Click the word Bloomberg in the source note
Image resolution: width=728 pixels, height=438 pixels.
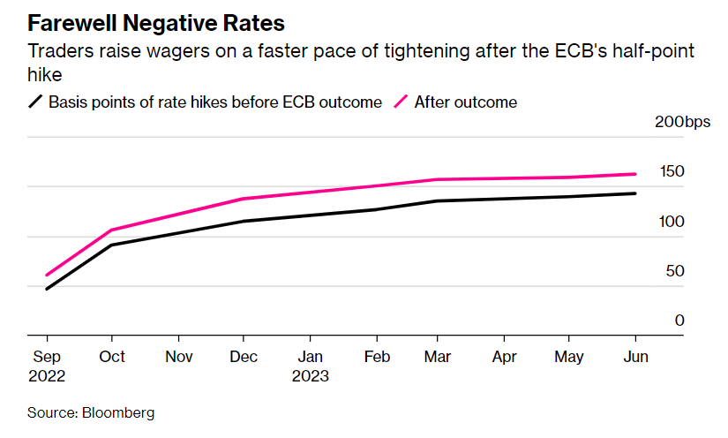(x=117, y=412)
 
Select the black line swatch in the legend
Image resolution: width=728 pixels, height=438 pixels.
(x=36, y=102)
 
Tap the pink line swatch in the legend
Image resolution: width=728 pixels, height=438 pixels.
(x=401, y=102)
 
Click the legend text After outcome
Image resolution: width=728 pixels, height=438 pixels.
(x=465, y=102)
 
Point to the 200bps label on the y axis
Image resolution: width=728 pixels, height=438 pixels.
(x=681, y=122)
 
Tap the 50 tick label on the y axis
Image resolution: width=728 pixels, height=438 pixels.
(x=675, y=270)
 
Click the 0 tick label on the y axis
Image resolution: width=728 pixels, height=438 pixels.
(x=679, y=320)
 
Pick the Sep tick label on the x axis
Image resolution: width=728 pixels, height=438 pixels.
(x=46, y=357)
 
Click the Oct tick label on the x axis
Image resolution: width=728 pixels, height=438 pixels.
(x=112, y=357)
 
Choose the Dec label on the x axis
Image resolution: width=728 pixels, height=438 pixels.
(x=244, y=357)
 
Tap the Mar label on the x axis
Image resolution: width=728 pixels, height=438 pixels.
(x=439, y=357)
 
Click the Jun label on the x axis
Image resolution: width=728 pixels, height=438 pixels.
(x=635, y=357)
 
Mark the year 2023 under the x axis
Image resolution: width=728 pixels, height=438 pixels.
(x=310, y=376)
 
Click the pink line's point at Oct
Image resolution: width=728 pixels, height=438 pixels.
(x=111, y=230)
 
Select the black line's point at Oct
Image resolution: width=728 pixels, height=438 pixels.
(x=111, y=245)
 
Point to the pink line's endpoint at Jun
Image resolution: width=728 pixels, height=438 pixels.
(x=635, y=174)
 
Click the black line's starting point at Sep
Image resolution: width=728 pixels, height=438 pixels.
(x=47, y=289)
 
